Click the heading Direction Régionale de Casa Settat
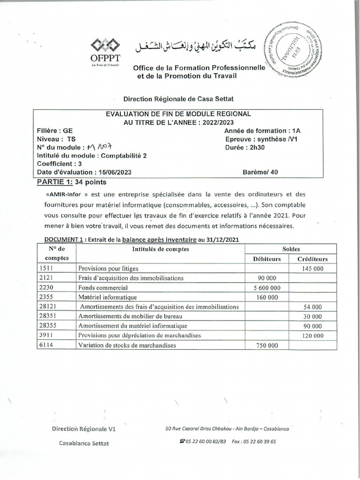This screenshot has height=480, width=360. (178, 99)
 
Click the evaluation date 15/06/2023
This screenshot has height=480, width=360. (113, 172)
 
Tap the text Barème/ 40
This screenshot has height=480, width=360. (260, 172)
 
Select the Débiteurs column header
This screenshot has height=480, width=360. (267, 259)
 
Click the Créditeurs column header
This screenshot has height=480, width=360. (312, 259)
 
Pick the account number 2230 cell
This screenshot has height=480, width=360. (47, 288)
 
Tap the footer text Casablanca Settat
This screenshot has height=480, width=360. (84, 443)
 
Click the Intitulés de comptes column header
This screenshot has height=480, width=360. (161, 249)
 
